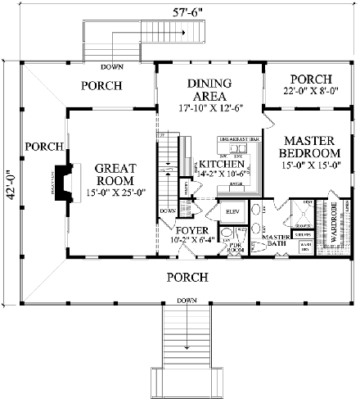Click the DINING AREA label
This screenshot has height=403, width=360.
click(x=210, y=88)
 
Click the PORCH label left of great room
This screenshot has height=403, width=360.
click(x=43, y=147)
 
